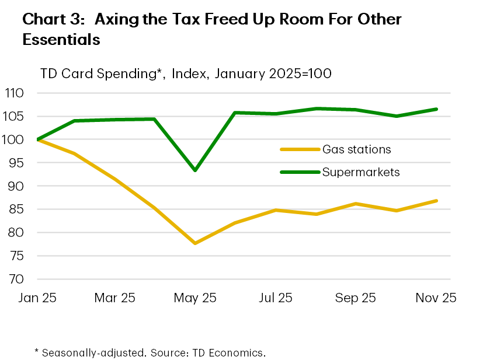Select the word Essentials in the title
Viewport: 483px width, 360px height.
point(61,40)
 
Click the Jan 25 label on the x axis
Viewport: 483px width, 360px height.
point(37,298)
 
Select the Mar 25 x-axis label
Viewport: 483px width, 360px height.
point(115,298)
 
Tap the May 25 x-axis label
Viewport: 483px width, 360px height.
point(195,298)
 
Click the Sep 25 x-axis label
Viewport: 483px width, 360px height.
point(355,298)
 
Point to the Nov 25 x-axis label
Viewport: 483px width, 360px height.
point(435,298)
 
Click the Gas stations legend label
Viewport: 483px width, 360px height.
point(356,149)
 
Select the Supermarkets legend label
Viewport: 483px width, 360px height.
point(360,172)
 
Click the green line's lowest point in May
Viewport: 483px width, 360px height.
point(195,170)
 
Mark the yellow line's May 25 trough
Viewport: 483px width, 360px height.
point(195,243)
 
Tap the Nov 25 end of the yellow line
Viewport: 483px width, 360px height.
point(436,201)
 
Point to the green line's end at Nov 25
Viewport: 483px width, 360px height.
point(436,109)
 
